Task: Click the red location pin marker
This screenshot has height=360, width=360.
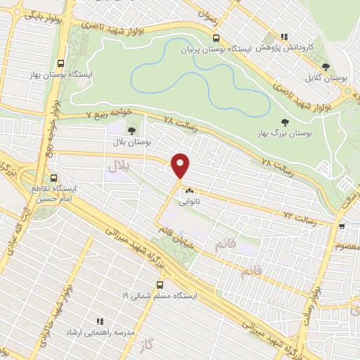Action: coord(181,166)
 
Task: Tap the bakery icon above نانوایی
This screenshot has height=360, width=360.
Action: coord(188,190)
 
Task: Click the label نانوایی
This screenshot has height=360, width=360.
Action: coord(191,200)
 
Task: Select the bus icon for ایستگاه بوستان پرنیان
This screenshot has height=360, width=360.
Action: coord(214,39)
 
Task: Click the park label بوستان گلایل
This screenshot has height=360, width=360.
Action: coord(326,78)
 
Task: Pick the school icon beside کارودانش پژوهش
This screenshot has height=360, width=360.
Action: coord(284,37)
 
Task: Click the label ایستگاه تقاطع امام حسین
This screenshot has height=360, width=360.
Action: coord(54,194)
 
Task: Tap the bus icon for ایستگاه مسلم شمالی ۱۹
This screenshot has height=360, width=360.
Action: coord(160,285)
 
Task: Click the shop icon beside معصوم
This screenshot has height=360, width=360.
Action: coord(341,226)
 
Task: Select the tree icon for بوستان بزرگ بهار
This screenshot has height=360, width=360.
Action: coord(284,122)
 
